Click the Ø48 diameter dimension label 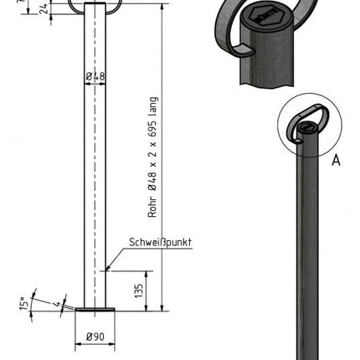tap(95, 78)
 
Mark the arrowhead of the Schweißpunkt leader tap(107, 270)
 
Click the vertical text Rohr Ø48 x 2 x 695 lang tap(152, 158)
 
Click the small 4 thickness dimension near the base tap(49, 302)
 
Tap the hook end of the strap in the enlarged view tap(237, 49)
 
